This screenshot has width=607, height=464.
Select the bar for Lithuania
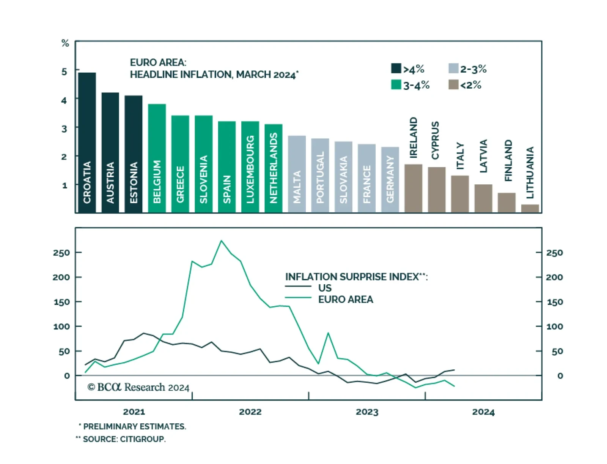click(530, 208)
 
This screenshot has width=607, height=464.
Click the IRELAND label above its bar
click(414, 138)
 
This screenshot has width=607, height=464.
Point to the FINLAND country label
click(508, 160)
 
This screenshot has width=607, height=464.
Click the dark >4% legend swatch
click(396, 68)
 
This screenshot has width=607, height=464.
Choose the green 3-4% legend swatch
click(396, 84)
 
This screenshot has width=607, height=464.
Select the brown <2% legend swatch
click(453, 84)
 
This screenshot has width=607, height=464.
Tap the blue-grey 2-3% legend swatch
click(453, 68)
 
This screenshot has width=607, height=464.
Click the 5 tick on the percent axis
click(64, 71)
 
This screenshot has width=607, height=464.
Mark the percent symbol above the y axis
click(65, 43)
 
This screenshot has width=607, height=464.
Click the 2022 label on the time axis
click(250, 412)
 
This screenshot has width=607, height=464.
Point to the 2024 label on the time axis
click(483, 412)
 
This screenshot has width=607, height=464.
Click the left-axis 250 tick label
click(61, 253)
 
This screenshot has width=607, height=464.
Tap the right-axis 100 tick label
click(554, 326)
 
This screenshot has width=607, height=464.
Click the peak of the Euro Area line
click(222, 241)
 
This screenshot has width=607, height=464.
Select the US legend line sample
click(298, 287)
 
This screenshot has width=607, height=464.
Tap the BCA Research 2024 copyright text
click(138, 387)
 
